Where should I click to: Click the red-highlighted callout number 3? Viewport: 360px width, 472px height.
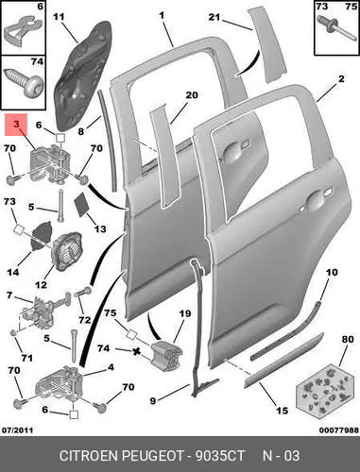point(16,125)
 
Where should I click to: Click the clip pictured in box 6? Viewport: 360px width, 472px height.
point(23,31)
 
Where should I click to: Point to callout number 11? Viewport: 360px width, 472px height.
point(59,17)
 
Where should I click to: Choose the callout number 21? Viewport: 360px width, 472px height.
point(214,17)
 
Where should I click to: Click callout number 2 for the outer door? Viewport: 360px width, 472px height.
point(341,78)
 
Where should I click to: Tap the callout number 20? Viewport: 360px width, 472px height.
point(192,94)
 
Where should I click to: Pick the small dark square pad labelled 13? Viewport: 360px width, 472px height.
point(82,204)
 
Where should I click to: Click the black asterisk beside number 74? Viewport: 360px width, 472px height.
point(136,351)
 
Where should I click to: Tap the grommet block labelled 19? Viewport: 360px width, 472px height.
point(166,356)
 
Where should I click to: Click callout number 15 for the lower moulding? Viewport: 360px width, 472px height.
point(282,411)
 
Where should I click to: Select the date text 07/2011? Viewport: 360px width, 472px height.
point(18,430)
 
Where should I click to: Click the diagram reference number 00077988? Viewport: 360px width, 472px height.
point(339,430)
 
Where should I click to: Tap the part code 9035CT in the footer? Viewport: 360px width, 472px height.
point(220,456)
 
